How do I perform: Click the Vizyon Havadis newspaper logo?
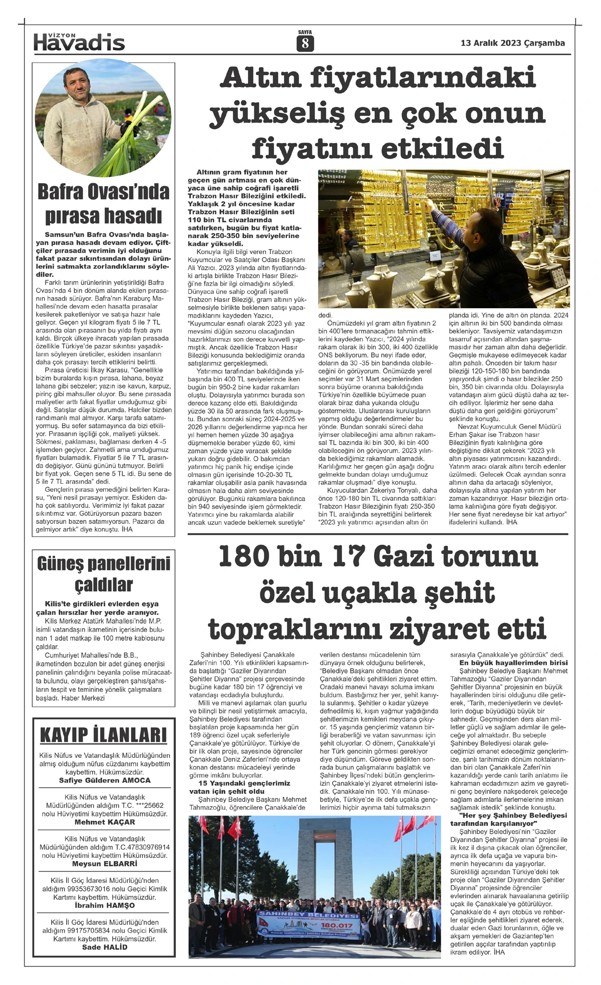[x=79, y=42]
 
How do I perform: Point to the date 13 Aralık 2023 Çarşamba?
[x=512, y=43]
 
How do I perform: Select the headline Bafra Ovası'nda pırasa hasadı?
[x=104, y=204]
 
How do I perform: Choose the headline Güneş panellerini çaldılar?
[x=104, y=574]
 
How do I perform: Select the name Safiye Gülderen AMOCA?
[x=104, y=780]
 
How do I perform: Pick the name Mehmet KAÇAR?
[x=104, y=822]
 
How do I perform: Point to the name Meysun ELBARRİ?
[x=104, y=863]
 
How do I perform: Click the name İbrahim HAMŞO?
[x=104, y=905]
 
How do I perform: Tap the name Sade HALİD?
[x=104, y=947]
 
